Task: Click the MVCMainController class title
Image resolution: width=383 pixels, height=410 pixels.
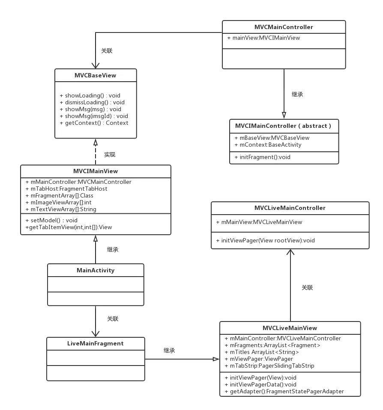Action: pyautogui.click(x=284, y=27)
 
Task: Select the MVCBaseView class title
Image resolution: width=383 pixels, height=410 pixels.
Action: pyautogui.click(x=95, y=75)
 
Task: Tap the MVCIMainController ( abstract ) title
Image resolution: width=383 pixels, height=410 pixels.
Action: pyautogui.click(x=283, y=126)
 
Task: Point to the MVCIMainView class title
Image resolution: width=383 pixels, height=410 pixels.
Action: pyautogui.click(x=95, y=171)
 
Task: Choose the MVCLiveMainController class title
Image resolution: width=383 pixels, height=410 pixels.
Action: pyautogui.click(x=290, y=208)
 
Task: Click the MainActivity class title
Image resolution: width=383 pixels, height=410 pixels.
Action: pyautogui.click(x=96, y=270)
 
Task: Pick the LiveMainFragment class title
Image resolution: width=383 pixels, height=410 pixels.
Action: pyautogui.click(x=95, y=343)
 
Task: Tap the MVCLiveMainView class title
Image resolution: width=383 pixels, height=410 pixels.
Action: pyautogui.click(x=290, y=328)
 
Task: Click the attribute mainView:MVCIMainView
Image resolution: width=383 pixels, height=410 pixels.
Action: pyautogui.click(x=266, y=38)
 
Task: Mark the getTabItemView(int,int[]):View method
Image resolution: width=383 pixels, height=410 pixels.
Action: pyautogui.click(x=69, y=227)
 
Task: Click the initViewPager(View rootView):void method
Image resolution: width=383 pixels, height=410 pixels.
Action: pyautogui.click(x=268, y=240)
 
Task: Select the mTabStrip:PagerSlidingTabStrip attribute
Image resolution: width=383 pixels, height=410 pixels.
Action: pyautogui.click(x=272, y=366)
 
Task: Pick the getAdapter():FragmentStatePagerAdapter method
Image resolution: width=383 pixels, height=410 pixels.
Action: pyautogui.click(x=287, y=391)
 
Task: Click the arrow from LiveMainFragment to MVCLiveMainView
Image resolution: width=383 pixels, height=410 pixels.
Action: pyautogui.click(x=182, y=359)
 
